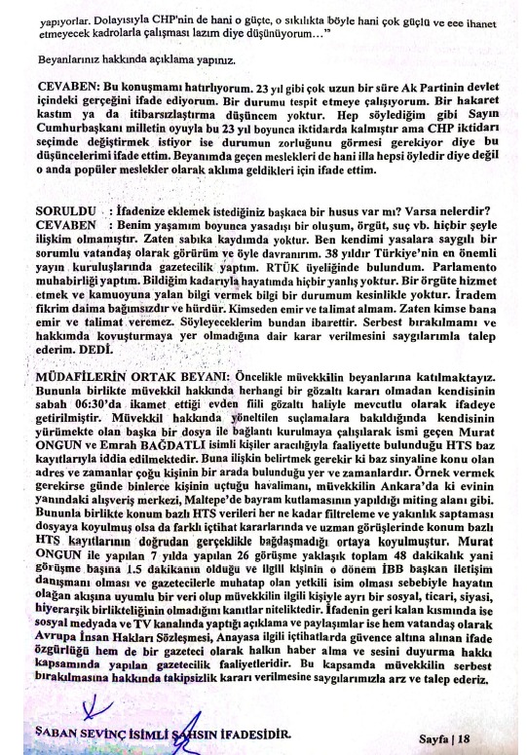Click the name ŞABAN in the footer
(x=60, y=734)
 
